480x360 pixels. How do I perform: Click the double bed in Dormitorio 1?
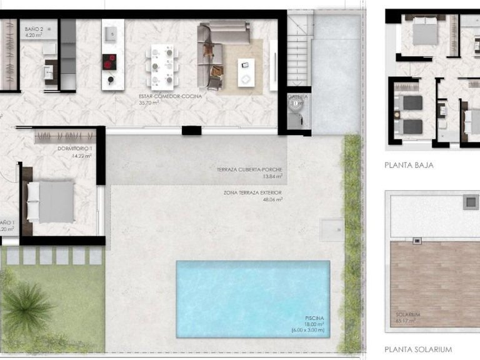click(x=51, y=201)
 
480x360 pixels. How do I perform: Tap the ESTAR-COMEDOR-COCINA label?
click(x=171, y=97)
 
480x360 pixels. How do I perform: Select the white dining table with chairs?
click(x=161, y=65)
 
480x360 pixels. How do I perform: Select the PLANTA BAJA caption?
click(x=409, y=166)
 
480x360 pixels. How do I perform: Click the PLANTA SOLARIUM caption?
click(x=418, y=349)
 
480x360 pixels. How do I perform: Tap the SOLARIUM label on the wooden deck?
click(x=407, y=314)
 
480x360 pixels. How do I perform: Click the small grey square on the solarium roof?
click(x=469, y=202)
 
